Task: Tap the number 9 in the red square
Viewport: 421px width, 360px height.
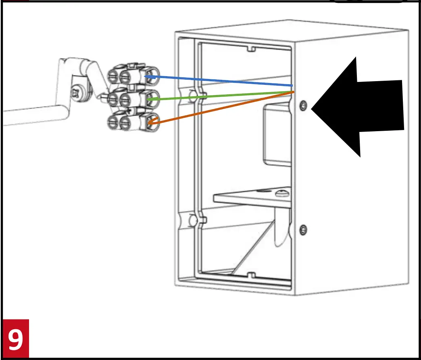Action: (15, 339)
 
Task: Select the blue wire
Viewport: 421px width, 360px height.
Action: (218, 81)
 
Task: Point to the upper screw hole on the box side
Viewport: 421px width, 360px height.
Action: (303, 106)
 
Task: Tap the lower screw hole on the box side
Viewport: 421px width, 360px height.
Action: (303, 230)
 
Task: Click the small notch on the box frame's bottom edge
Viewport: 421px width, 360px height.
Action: (251, 276)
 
